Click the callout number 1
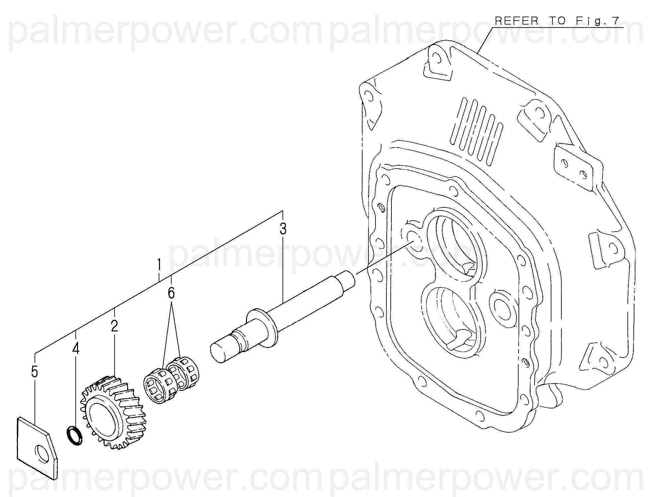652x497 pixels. click(x=159, y=265)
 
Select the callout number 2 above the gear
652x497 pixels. click(x=115, y=326)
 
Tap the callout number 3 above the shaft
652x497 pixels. click(x=283, y=229)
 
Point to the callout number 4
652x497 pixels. click(x=76, y=349)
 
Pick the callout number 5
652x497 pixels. click(x=35, y=372)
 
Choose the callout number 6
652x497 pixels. click(x=171, y=293)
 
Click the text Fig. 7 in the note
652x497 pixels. click(x=594, y=21)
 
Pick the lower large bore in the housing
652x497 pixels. click(x=451, y=319)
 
